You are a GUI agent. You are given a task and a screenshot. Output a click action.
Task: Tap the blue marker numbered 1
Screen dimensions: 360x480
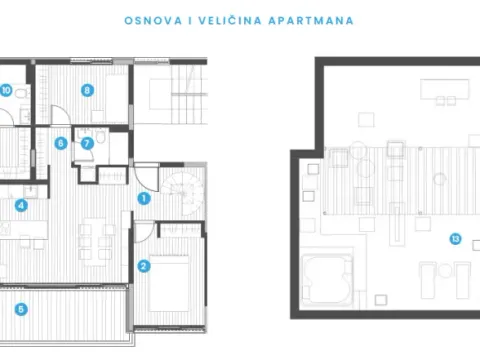pos(144,199)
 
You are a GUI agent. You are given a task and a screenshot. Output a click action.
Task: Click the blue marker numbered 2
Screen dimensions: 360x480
pos(144,266)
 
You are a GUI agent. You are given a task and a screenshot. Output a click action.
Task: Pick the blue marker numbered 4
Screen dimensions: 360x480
pos(21,206)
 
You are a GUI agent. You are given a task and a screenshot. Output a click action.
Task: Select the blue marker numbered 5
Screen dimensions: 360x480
pos(21,309)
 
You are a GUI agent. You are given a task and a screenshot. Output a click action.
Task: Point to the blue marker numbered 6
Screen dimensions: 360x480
pos(61,143)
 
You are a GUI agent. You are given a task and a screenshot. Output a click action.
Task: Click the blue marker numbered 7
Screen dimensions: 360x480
pos(87,143)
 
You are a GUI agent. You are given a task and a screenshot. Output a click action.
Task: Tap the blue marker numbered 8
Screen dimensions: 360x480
pos(88,90)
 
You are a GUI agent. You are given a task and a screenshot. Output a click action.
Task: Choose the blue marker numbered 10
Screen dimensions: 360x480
pos(6,90)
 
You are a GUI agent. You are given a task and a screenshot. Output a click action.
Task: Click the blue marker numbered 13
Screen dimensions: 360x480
pos(455,238)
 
